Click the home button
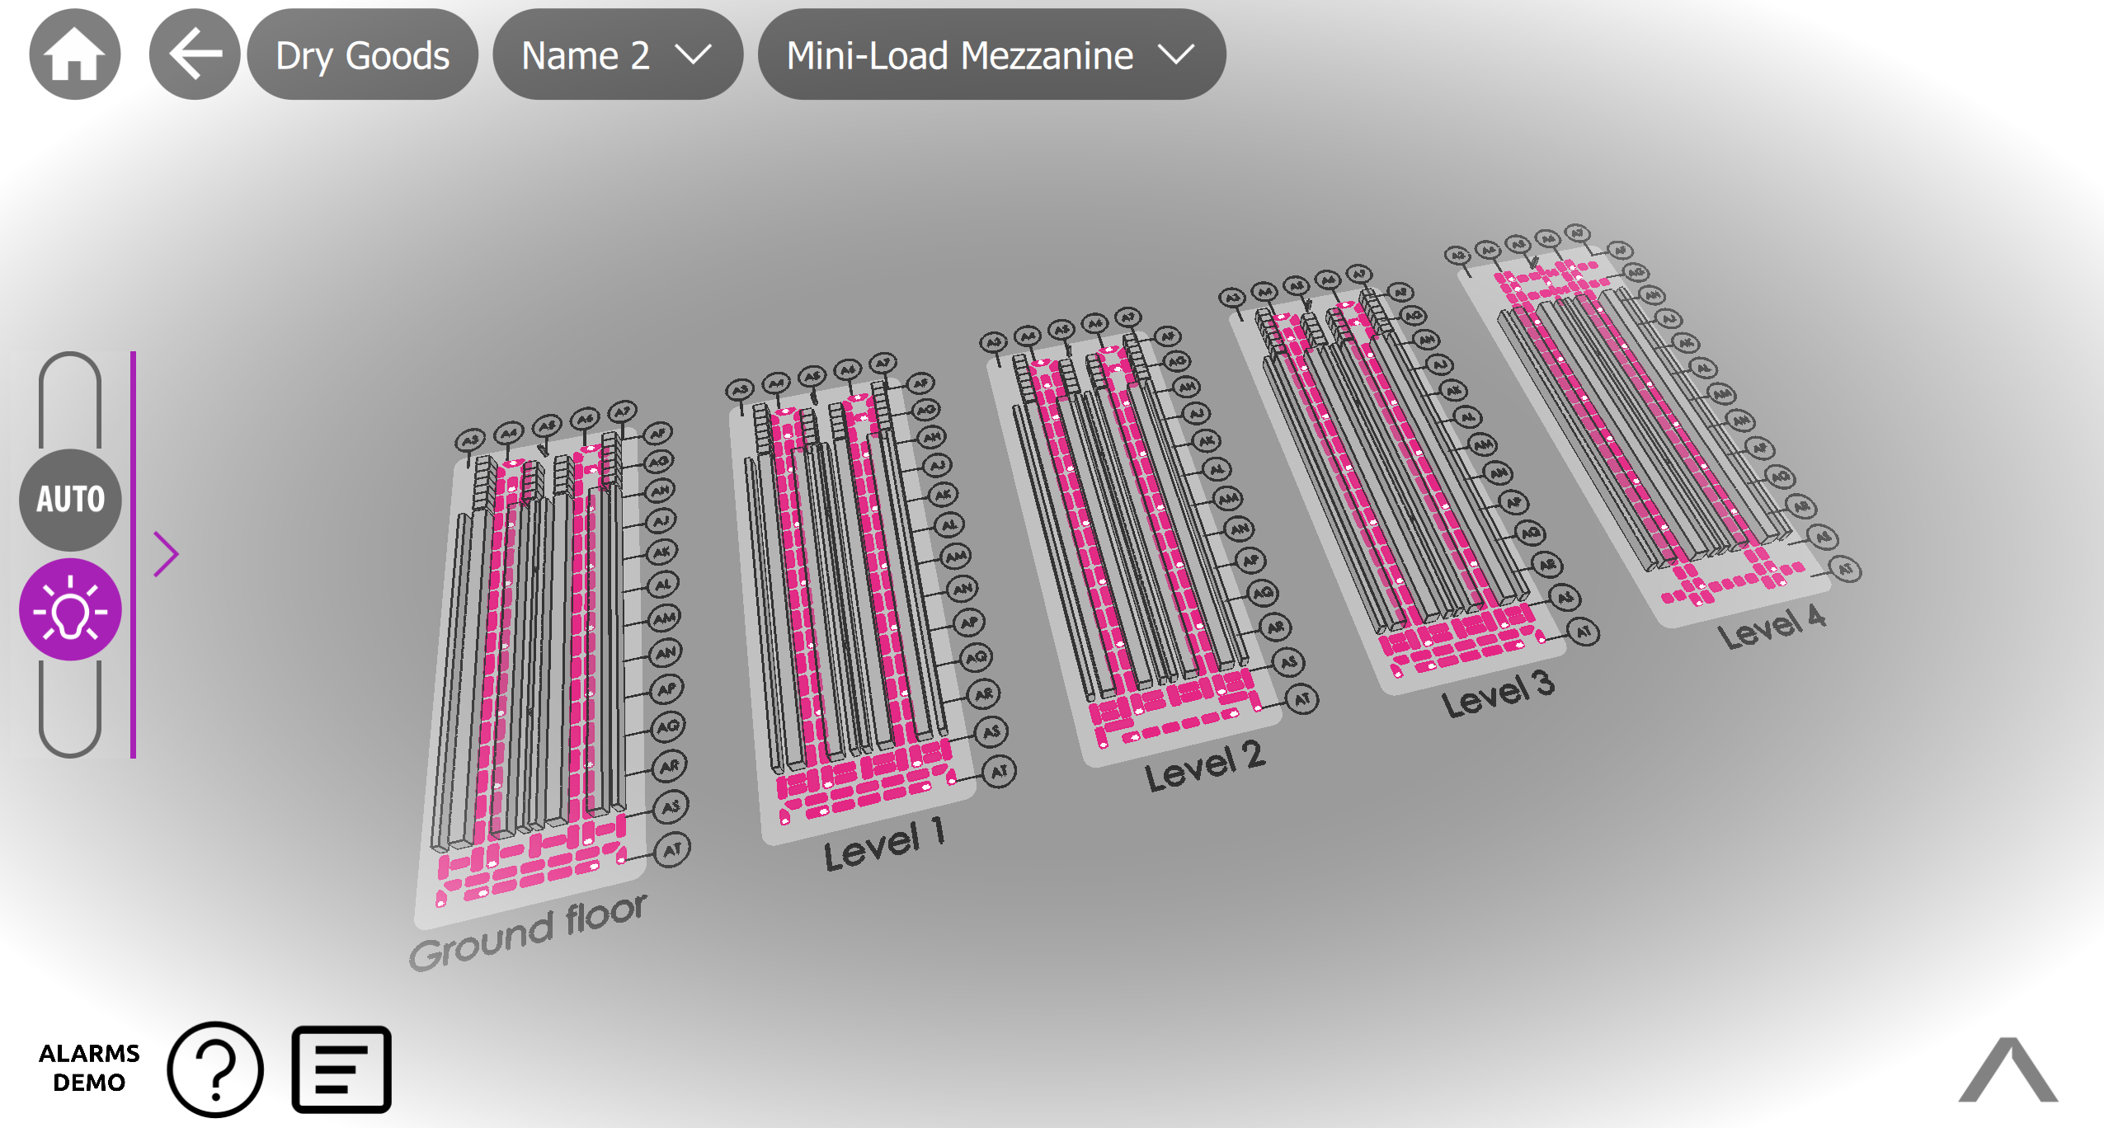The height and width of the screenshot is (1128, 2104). point(75,54)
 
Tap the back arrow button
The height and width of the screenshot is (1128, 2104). point(195,54)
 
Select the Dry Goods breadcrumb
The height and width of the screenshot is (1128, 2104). point(363,55)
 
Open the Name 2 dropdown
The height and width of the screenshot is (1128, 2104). point(617,55)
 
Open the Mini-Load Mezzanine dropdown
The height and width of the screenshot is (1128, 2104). point(991,55)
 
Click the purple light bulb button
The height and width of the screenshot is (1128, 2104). point(70,610)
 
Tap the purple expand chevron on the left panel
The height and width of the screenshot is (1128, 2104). point(166,554)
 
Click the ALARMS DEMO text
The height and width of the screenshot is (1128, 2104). point(89,1068)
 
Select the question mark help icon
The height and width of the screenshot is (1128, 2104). point(215,1069)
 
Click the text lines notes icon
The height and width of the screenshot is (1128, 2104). point(341,1069)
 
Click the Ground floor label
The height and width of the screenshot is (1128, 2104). point(528,933)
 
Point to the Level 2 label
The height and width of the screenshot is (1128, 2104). point(1204,766)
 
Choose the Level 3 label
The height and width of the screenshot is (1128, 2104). point(1498,693)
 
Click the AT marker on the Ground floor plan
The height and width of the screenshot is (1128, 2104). point(672,849)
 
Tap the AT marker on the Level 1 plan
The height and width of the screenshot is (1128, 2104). point(999,772)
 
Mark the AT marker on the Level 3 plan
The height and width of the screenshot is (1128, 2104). point(1583,632)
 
